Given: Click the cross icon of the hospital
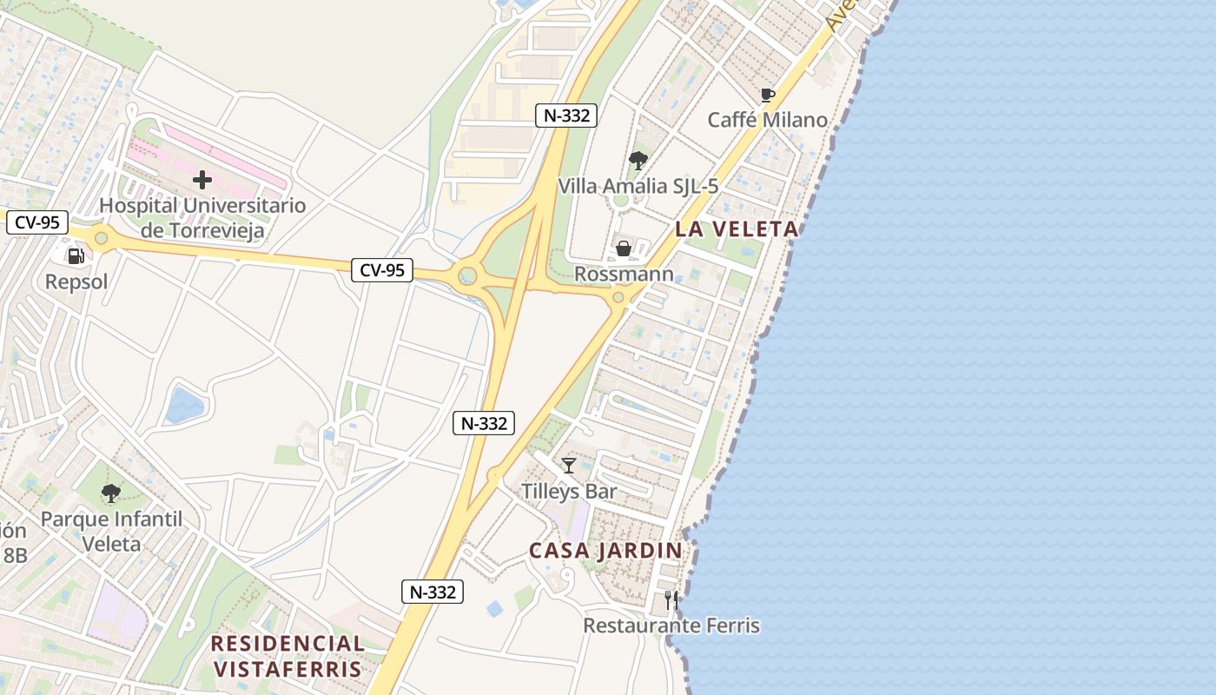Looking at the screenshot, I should click(x=202, y=180).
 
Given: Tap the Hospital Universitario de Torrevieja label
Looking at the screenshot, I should click(x=202, y=218).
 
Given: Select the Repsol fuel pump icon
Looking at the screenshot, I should click(x=76, y=255).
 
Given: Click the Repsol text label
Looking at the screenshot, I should click(x=76, y=281).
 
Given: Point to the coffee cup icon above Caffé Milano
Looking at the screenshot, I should click(x=767, y=95).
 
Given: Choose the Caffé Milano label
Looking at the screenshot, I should click(x=767, y=120).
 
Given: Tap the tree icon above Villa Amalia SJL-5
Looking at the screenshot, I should click(x=638, y=161).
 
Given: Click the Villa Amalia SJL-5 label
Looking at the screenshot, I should click(x=638, y=186).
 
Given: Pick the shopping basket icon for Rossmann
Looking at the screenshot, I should click(x=624, y=249).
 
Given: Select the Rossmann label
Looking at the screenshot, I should click(x=624, y=275).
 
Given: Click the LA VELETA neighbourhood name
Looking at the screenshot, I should click(x=737, y=229).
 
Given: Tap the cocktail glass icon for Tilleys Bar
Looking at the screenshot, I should click(x=569, y=466).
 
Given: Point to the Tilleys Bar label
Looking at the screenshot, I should click(x=569, y=491).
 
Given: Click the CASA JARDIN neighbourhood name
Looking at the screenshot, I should click(x=605, y=551).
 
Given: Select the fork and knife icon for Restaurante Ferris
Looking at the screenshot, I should click(x=671, y=600).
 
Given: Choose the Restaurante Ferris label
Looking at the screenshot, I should click(x=671, y=625).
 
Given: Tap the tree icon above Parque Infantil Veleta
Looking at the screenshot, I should click(x=111, y=493).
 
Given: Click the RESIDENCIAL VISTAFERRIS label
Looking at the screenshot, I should click(x=287, y=656).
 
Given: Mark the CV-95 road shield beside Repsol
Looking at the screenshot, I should click(x=37, y=222).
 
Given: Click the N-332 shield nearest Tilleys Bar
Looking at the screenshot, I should click(x=484, y=423).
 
